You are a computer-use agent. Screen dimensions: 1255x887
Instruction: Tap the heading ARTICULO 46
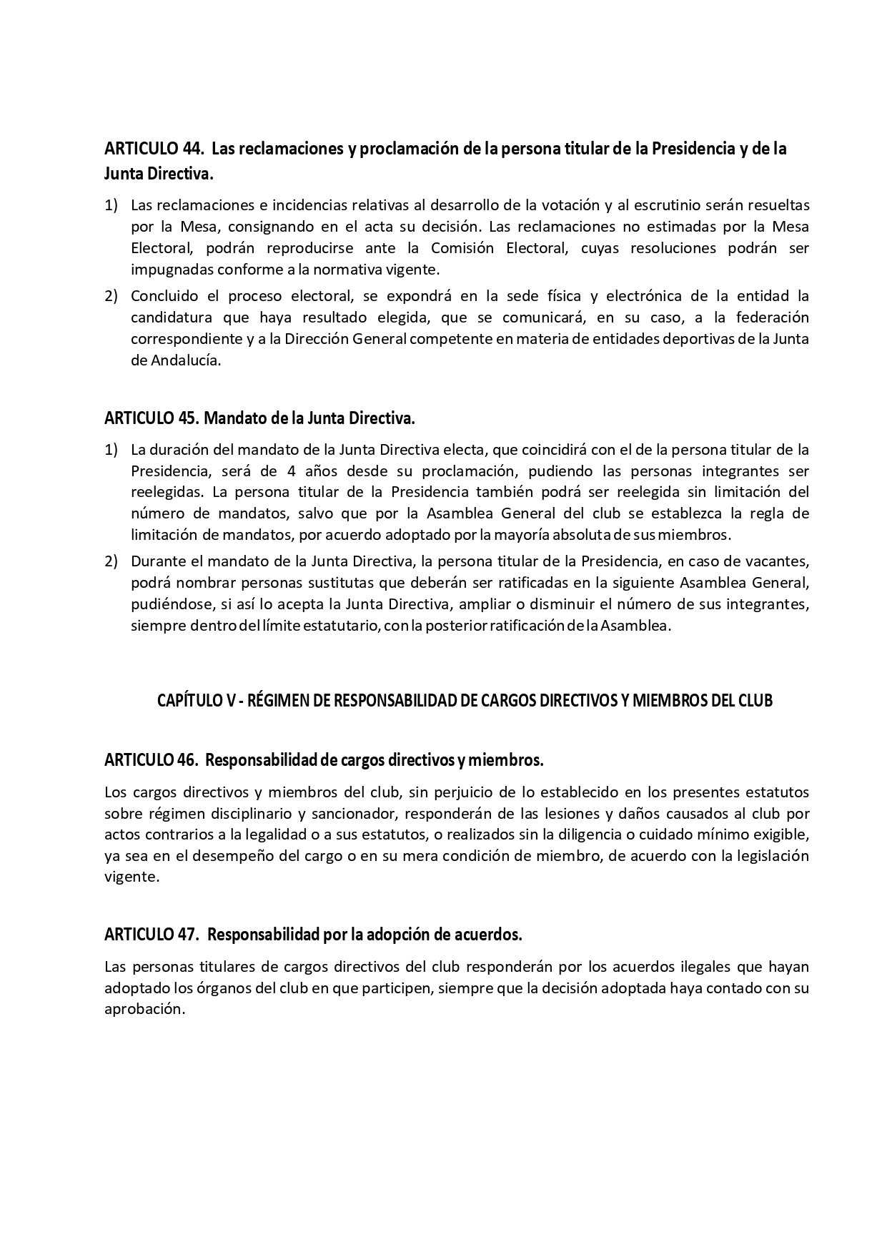point(151,760)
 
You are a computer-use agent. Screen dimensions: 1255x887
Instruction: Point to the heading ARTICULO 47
point(151,935)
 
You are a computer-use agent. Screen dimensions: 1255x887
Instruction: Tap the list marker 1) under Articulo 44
point(111,205)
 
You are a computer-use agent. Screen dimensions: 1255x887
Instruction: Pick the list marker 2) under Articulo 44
point(111,296)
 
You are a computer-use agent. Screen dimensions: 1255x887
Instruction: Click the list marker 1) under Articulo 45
point(111,450)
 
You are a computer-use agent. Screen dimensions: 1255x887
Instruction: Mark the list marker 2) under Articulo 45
point(111,561)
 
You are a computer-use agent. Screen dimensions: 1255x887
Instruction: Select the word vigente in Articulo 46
point(131,877)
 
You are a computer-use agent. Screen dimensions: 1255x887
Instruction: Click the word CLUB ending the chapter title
point(756,701)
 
